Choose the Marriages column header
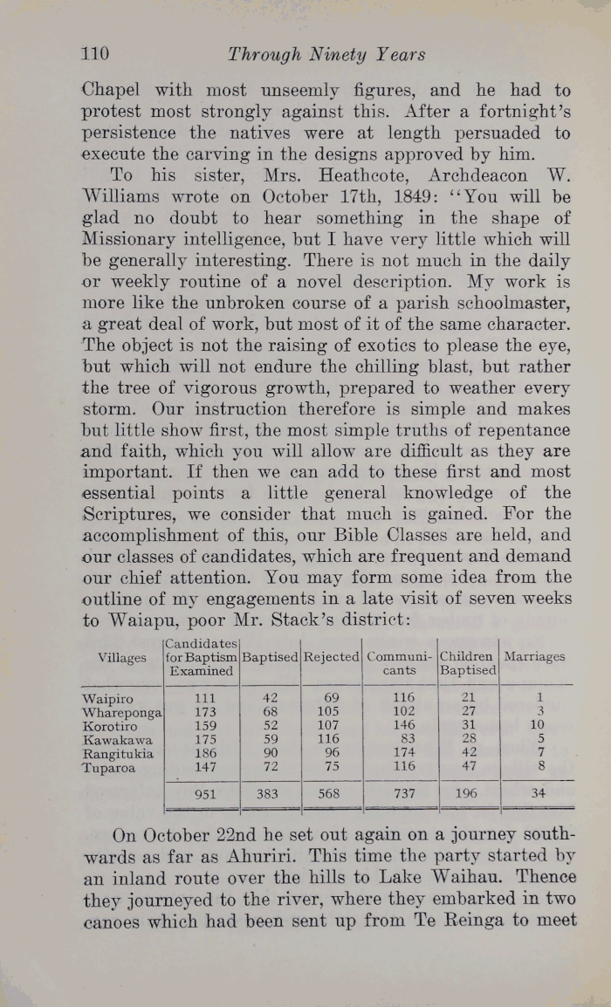pos(535,657)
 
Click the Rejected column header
pos(331,657)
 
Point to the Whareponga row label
pos(120,712)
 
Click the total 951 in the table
pos(203,794)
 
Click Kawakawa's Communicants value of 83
pos(404,740)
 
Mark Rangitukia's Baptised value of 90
pos(270,754)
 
